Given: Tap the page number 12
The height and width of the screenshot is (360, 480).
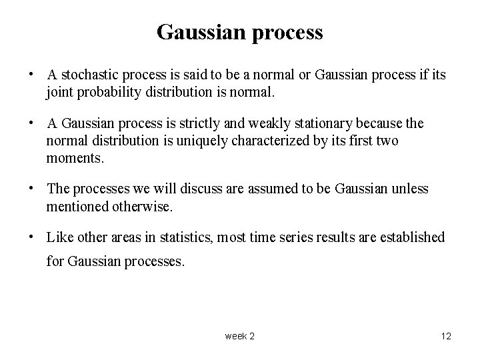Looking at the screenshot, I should point(446,336).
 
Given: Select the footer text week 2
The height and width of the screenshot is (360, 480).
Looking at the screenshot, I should point(239,336).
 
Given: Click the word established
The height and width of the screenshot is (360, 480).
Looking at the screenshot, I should point(411,237).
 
